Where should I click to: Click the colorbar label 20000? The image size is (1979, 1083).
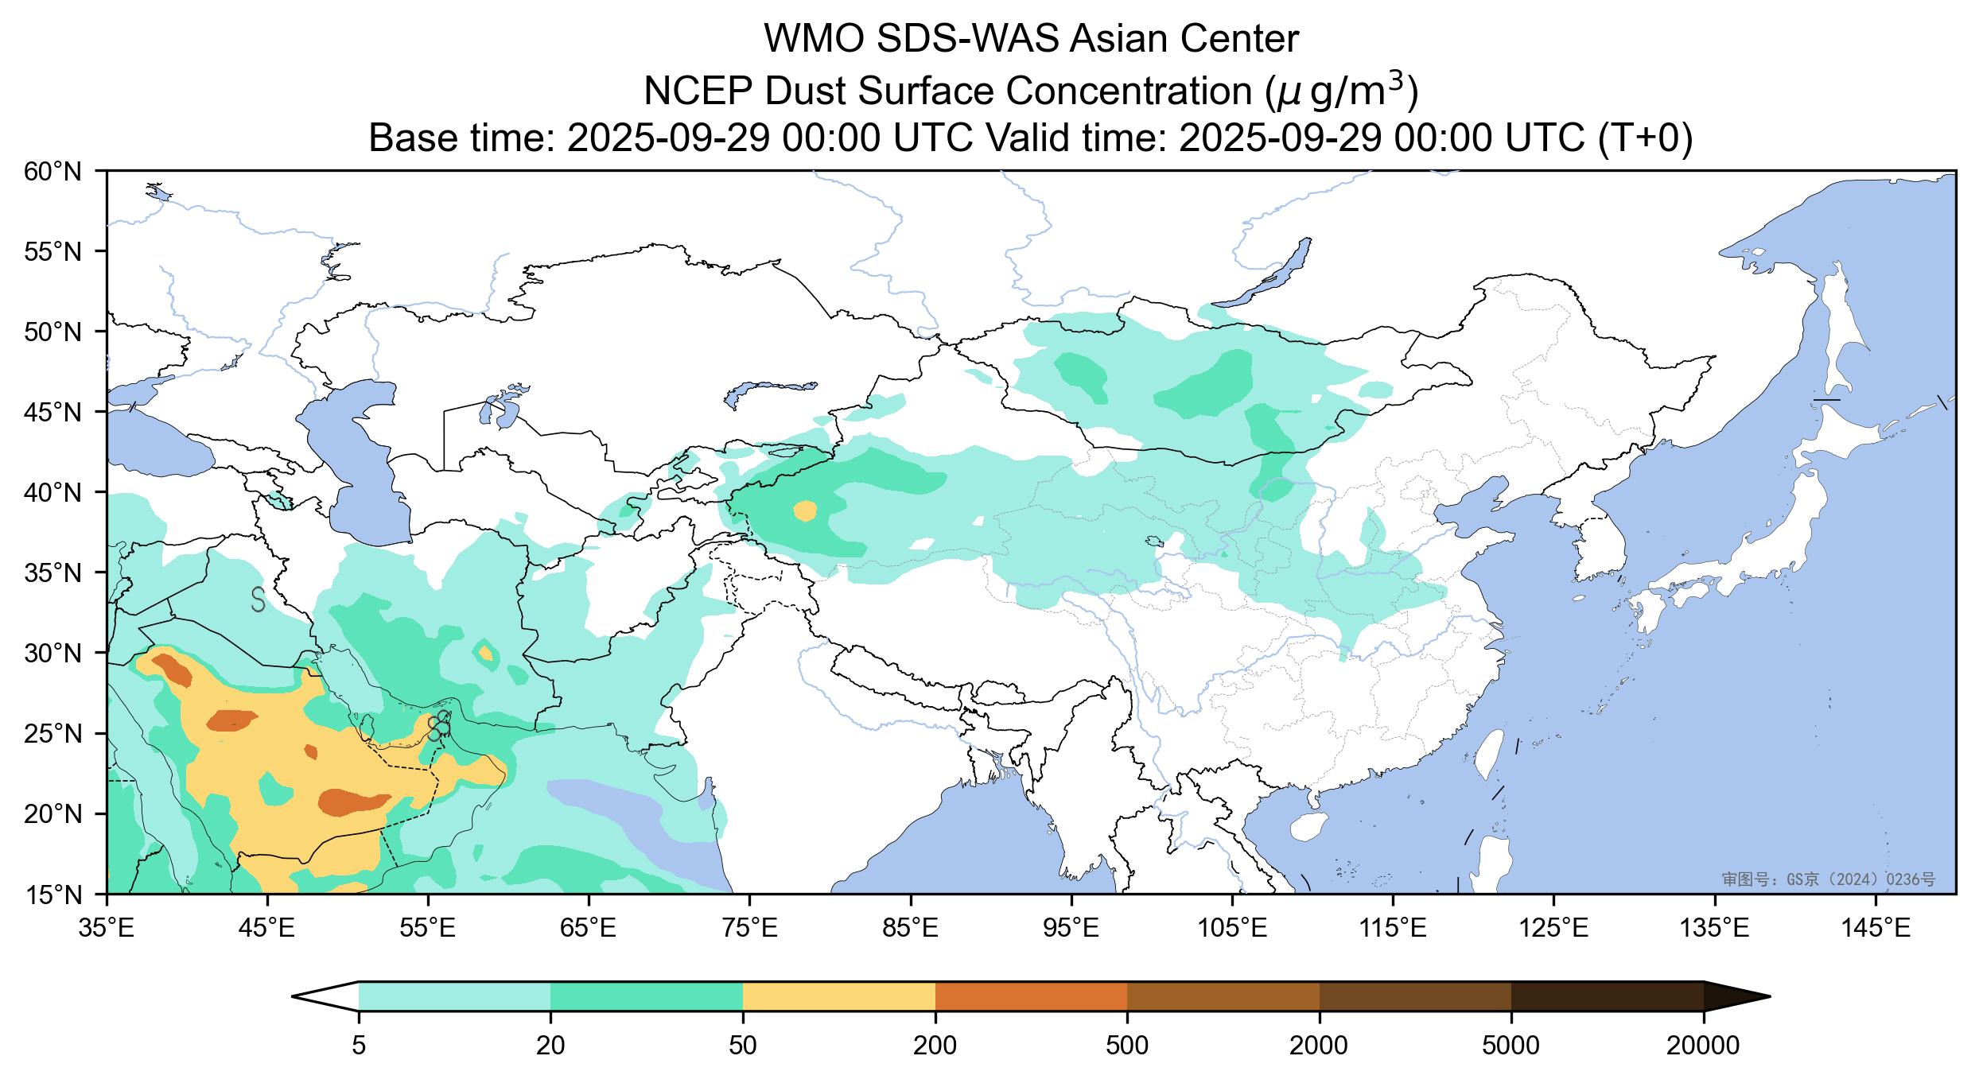pos(1703,1046)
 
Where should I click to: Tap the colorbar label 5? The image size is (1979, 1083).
pos(359,1046)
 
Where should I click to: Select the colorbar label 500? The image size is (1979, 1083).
pos(1127,1046)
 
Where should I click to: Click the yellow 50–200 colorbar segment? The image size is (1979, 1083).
pos(838,996)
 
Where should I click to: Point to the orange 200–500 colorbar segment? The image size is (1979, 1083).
pos(1031,996)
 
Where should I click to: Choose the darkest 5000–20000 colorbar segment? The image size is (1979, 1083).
pos(1607,996)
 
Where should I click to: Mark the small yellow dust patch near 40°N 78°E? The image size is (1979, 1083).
pos(806,510)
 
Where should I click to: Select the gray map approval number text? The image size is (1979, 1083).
pos(1828,879)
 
